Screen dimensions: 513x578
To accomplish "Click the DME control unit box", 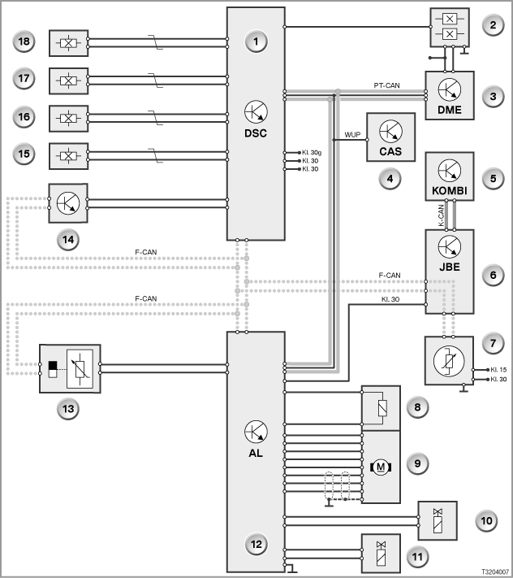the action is click(x=450, y=95).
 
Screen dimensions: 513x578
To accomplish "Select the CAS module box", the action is click(x=390, y=137).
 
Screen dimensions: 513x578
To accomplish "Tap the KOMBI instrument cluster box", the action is click(x=450, y=176).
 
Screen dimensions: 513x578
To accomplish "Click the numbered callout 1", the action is click(x=256, y=41).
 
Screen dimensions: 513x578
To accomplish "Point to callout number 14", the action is click(x=68, y=240).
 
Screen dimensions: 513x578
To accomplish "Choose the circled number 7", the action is click(x=494, y=343).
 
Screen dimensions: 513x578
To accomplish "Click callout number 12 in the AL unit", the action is click(x=256, y=544).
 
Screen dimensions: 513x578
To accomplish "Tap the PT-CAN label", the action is click(x=386, y=85).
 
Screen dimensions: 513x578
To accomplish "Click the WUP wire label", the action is click(x=352, y=135).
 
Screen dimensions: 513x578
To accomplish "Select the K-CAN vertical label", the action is click(x=441, y=215).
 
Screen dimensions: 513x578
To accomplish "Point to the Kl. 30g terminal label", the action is click(x=312, y=152).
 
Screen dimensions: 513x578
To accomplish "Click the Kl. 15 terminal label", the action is click(x=498, y=369).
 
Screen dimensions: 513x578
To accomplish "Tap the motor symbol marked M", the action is click(x=381, y=467).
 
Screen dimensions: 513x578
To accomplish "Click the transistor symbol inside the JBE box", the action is click(x=450, y=246).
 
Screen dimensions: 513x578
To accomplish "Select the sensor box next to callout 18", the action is click(x=68, y=43).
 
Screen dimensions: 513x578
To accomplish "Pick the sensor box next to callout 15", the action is click(x=68, y=156).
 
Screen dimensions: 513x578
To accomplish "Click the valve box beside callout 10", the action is click(x=438, y=520).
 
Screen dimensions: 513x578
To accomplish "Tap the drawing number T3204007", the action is click(x=495, y=571).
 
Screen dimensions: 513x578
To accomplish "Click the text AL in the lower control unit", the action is click(x=256, y=453).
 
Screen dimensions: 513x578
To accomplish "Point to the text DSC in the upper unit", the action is click(x=256, y=133).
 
